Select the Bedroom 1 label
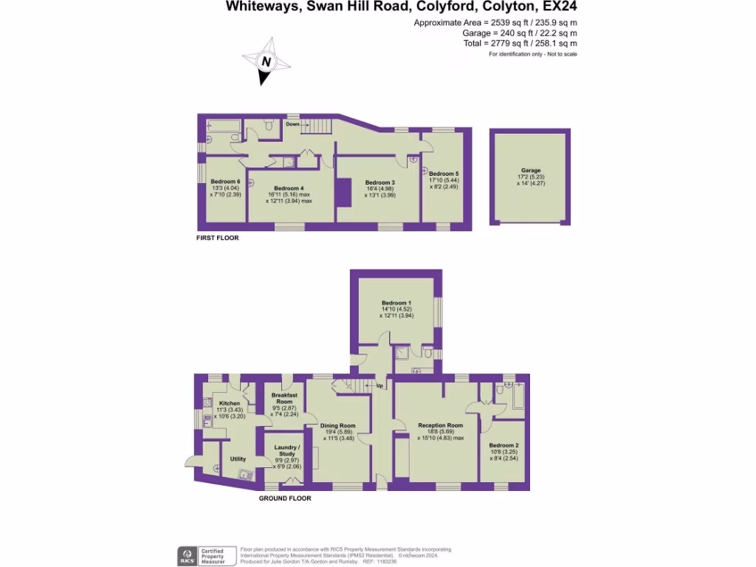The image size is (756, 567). pos(395,303)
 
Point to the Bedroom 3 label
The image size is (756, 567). pos(380,182)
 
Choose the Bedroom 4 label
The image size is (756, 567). pos(289,188)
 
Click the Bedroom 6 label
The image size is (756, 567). pos(225,182)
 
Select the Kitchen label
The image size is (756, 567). pos(229,403)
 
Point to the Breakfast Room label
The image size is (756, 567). pos(284,398)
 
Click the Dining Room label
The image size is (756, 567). pos(337,426)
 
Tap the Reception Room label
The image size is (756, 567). pos(440,426)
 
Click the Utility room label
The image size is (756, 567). pos(238,459)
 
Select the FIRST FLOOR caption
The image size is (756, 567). pos(217,238)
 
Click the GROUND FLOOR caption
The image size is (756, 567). pos(284,498)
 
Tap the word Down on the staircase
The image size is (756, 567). pos(292,125)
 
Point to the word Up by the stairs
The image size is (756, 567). pos(379,386)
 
